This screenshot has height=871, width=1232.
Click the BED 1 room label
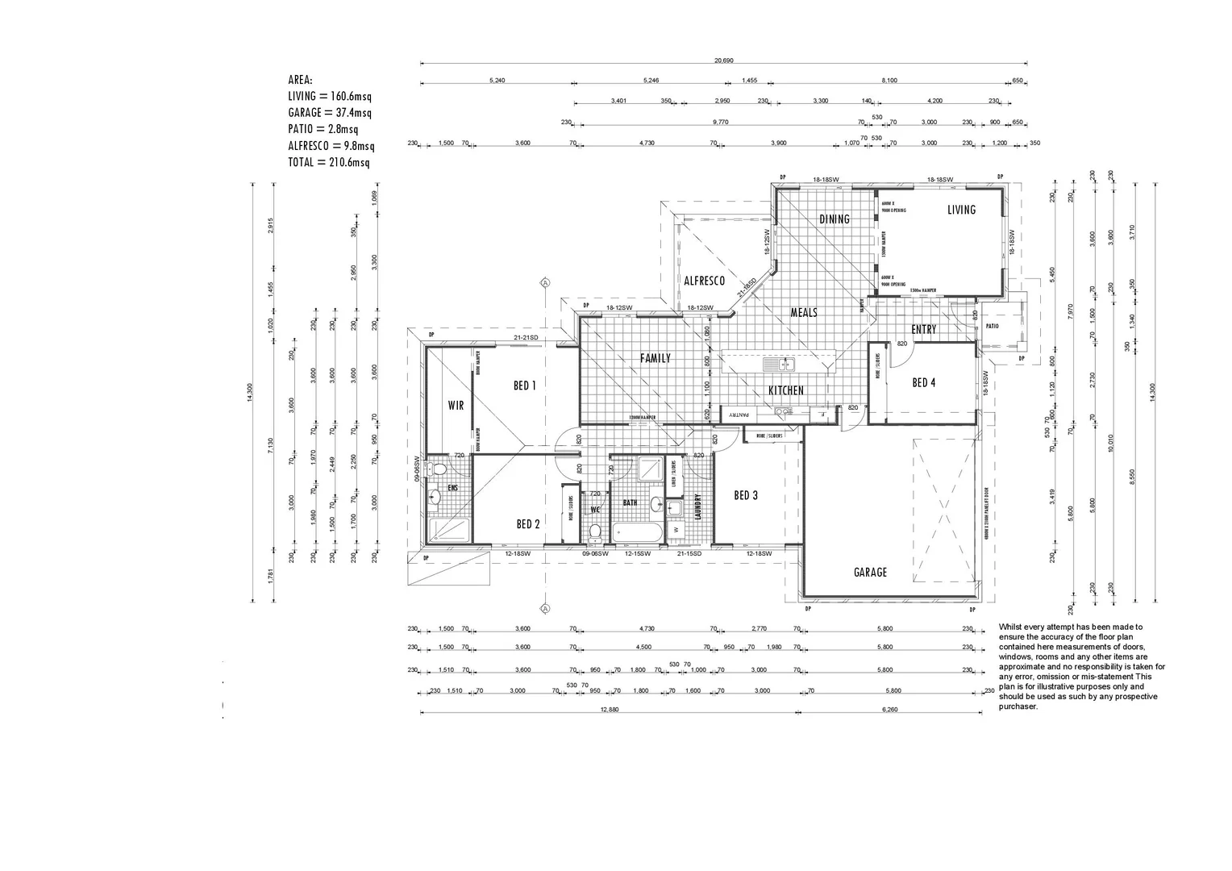(525, 385)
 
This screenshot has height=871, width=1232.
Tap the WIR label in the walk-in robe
(456, 406)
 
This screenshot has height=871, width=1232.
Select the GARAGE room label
(870, 572)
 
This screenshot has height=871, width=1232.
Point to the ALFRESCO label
(704, 281)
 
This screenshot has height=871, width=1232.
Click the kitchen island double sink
(780, 365)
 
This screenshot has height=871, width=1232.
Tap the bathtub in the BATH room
(637, 532)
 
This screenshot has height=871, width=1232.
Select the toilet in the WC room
(596, 531)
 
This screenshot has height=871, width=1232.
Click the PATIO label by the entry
(992, 327)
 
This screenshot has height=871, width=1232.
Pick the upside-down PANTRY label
(739, 415)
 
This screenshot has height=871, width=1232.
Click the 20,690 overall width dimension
(723, 60)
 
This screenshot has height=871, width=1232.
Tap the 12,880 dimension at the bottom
(609, 710)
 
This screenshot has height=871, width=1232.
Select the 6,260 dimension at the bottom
(890, 710)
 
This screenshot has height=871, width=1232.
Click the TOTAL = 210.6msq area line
(329, 162)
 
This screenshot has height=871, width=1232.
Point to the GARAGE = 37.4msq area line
(330, 113)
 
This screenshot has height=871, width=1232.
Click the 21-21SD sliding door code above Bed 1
(526, 338)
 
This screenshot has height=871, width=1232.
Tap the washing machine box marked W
(676, 530)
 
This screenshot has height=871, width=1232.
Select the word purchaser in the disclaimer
(1018, 707)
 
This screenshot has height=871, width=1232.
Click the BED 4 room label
(924, 383)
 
